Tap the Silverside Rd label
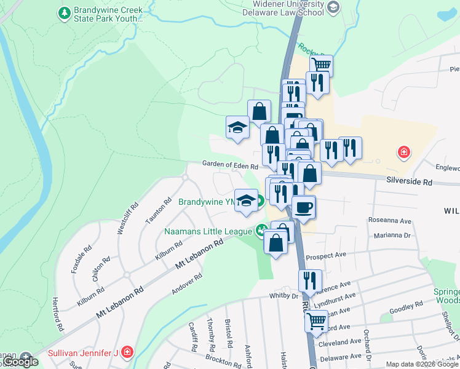410,182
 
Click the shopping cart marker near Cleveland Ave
316,320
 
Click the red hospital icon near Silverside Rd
403,151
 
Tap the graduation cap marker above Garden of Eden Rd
237,128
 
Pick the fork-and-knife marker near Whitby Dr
310,280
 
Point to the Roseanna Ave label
389,220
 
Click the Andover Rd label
187,284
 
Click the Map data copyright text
421,364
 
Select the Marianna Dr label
392,236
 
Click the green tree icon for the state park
63,12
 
